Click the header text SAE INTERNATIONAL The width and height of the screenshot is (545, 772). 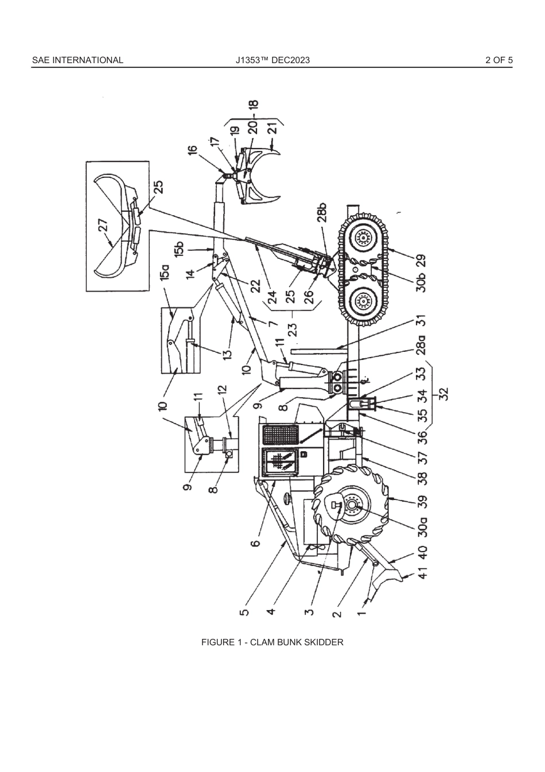[x=77, y=60]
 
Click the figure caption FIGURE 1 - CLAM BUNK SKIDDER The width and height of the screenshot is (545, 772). [x=272, y=642]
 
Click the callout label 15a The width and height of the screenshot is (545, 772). [x=166, y=272]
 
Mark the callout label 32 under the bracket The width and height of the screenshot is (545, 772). [x=443, y=394]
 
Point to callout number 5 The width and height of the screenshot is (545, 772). [x=244, y=612]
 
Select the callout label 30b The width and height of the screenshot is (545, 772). [x=422, y=280]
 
